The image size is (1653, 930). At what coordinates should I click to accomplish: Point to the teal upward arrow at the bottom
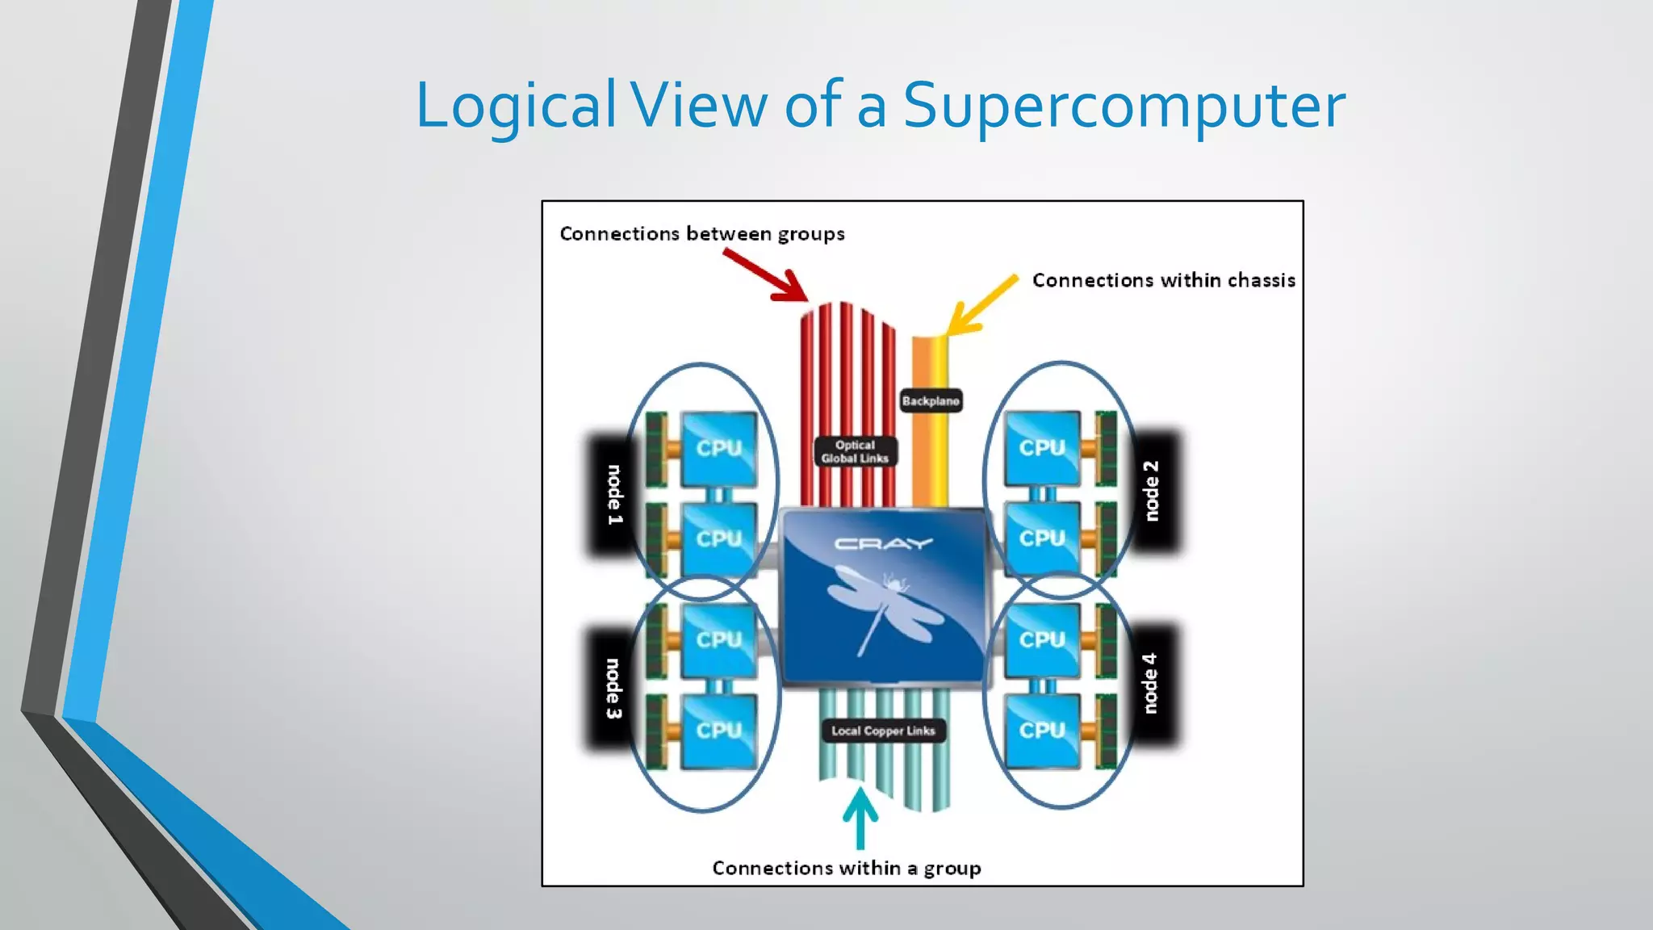[x=860, y=817]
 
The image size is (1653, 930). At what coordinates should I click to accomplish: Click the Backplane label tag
[x=931, y=400]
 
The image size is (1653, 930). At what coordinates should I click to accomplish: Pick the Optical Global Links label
[x=855, y=451]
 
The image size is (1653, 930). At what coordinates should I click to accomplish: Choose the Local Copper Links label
[x=883, y=731]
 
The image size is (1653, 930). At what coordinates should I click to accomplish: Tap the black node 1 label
[x=613, y=494]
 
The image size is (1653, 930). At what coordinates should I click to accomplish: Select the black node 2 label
[x=1153, y=491]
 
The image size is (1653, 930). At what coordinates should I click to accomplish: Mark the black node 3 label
[x=613, y=688]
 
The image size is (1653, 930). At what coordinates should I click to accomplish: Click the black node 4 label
[x=1151, y=683]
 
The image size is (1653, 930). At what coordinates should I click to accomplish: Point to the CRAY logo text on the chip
[x=883, y=543]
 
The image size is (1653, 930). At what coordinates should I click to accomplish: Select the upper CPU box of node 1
[x=718, y=449]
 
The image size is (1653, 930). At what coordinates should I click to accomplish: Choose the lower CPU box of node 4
[x=1042, y=731]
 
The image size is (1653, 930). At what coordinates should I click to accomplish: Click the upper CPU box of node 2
[x=1042, y=448]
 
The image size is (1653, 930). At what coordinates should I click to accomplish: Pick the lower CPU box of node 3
[x=718, y=731]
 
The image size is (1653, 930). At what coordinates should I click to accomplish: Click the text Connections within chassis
[x=1163, y=280]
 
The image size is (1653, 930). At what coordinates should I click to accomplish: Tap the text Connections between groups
[x=702, y=234]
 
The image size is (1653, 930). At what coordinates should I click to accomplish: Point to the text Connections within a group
[x=847, y=869]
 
